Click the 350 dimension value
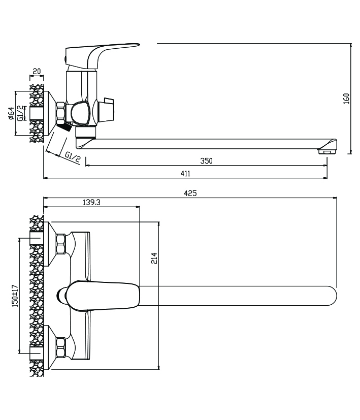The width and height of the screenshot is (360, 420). (x=206, y=161)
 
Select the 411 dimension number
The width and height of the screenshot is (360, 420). (x=185, y=174)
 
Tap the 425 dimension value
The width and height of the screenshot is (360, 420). (x=190, y=193)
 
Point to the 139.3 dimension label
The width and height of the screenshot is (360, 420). (x=91, y=202)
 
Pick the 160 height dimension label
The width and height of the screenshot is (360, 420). (x=346, y=98)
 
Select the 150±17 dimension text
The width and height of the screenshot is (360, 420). (x=15, y=296)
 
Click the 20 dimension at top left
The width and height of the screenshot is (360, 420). (x=37, y=72)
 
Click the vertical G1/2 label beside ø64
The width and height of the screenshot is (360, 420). (x=20, y=113)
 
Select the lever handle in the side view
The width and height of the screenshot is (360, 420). (x=102, y=53)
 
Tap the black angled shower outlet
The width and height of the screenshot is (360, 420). (x=62, y=126)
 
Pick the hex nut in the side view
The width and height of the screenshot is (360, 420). (x=60, y=113)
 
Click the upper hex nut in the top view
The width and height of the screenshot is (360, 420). (x=60, y=243)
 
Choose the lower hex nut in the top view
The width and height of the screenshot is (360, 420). (x=60, y=347)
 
